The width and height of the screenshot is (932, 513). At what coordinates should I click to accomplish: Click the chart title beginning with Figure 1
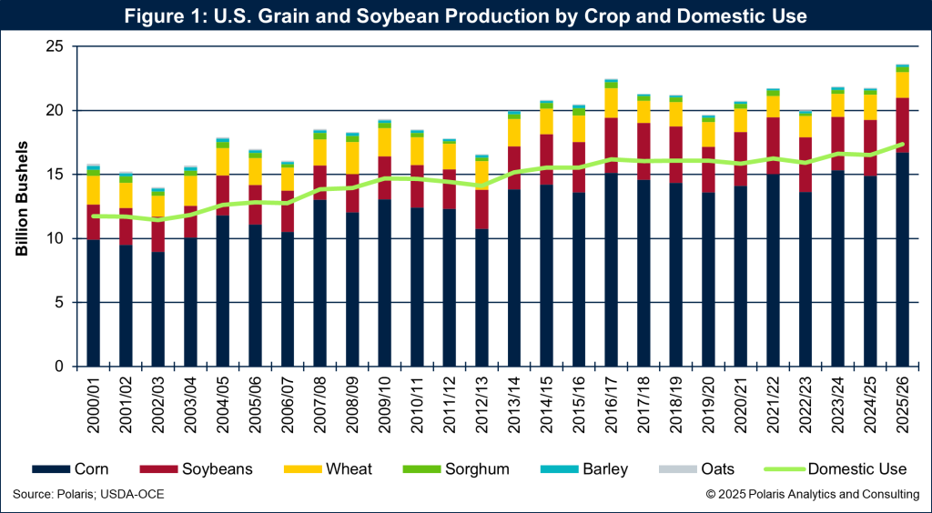tap(465, 16)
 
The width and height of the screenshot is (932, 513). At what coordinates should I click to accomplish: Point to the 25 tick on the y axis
tap(56, 46)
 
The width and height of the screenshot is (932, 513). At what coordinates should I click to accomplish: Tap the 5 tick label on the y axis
tap(61, 302)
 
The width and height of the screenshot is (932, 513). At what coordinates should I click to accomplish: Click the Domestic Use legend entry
tap(837, 469)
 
